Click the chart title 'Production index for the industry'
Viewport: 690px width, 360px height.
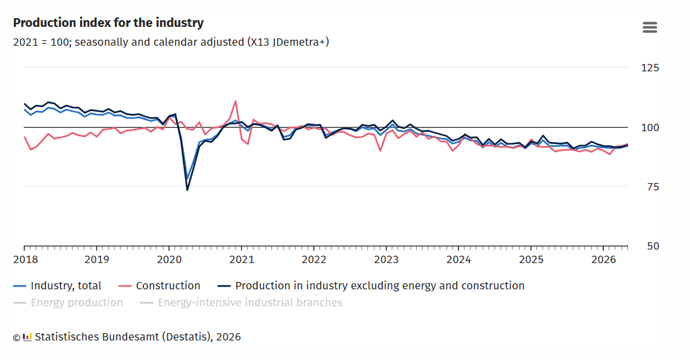108,23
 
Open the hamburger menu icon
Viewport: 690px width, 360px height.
650,28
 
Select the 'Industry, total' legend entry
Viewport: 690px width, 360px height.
58,285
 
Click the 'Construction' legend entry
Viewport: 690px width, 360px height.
160,285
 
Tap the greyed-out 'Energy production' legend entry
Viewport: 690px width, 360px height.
68,302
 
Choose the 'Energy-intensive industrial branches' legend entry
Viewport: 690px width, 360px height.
241,302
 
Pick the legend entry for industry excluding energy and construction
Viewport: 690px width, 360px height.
371,285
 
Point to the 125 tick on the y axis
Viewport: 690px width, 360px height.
650,68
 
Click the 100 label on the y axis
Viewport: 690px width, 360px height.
650,128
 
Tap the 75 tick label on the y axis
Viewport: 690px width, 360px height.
652,186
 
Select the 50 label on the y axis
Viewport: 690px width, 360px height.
653,246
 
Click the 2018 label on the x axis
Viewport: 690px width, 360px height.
26,260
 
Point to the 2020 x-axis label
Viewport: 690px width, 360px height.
170,260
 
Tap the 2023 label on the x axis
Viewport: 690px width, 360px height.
386,260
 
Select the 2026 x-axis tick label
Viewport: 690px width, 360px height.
604,260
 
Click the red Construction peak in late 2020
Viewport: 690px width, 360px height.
236,101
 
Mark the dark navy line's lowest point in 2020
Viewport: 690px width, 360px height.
187,190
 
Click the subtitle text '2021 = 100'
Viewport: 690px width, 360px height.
42,42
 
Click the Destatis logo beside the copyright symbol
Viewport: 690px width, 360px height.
28,338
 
